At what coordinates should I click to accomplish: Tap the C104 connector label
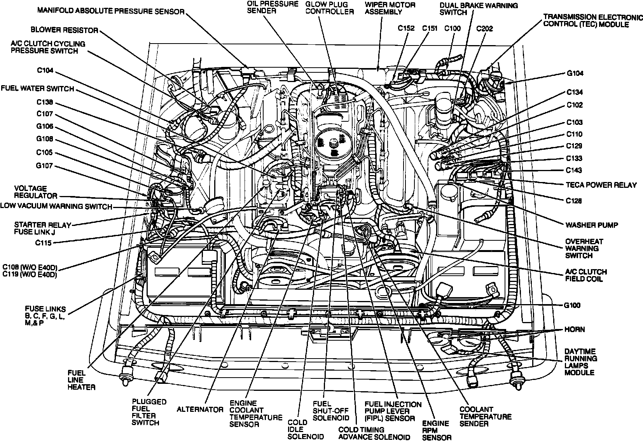tap(45, 70)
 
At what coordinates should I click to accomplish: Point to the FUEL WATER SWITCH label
tap(37, 88)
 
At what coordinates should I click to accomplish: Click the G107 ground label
tap(44, 166)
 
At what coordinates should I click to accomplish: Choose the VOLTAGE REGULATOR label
tap(35, 192)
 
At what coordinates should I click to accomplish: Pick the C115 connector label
tap(44, 243)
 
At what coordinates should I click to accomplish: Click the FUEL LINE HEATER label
tap(81, 379)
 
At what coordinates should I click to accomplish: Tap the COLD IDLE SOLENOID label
tap(306, 429)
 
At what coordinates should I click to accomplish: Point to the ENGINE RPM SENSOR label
tap(437, 430)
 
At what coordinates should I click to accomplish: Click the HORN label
tap(574, 329)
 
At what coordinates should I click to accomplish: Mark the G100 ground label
tap(572, 305)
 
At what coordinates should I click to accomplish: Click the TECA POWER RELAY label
tap(601, 185)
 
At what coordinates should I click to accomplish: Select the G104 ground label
tap(575, 73)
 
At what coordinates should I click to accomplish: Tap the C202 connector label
tap(484, 28)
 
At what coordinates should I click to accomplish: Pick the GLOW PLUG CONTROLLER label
tap(329, 8)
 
